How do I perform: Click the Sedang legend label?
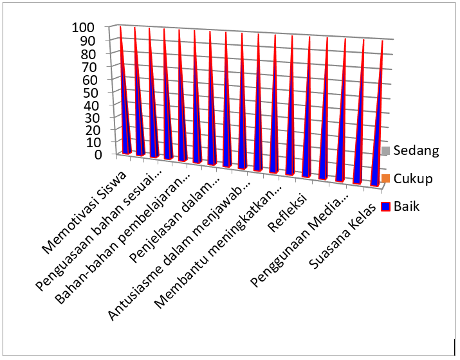tap(416, 151)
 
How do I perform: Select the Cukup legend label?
tap(413, 179)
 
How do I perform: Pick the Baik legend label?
tap(407, 206)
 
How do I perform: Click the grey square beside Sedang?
tap(386, 151)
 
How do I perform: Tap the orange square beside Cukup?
tap(386, 179)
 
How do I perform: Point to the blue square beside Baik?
tap(386, 206)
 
